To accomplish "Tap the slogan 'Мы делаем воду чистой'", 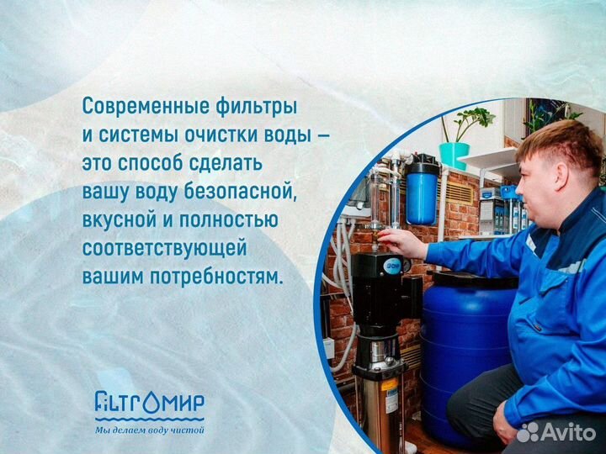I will [x=149, y=431].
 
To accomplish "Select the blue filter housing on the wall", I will [x=421, y=193].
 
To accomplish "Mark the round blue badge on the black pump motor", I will [x=392, y=266].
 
